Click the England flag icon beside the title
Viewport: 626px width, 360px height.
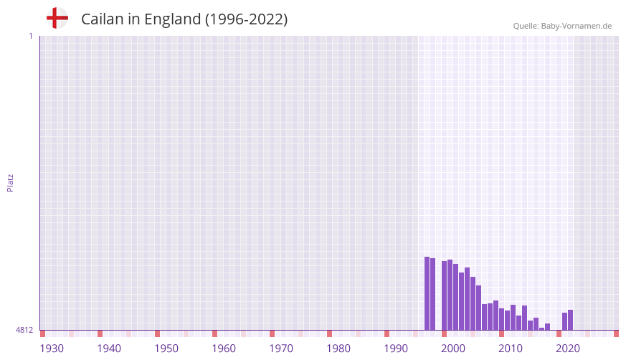57,18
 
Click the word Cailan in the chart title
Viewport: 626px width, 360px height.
103,19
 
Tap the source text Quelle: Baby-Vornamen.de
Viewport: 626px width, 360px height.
562,26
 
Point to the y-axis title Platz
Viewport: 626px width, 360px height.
10,182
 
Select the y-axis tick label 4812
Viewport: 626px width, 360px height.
24,330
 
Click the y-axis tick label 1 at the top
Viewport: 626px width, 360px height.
30,36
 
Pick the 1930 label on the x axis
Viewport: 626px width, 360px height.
52,349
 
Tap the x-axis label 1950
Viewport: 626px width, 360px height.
166,349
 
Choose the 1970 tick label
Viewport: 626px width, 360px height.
281,349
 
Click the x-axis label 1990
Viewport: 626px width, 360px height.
396,349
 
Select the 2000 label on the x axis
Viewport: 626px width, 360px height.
453,349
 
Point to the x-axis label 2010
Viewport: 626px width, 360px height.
511,349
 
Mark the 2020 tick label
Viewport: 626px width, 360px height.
568,349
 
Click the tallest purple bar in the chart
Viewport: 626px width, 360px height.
427,293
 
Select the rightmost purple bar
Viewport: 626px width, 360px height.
571,320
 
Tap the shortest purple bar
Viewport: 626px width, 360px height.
542,328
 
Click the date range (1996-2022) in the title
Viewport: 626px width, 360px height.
246,19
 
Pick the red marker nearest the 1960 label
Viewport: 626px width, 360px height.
214,333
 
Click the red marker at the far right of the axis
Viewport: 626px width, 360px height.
616,333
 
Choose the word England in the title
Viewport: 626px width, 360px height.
172,19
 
